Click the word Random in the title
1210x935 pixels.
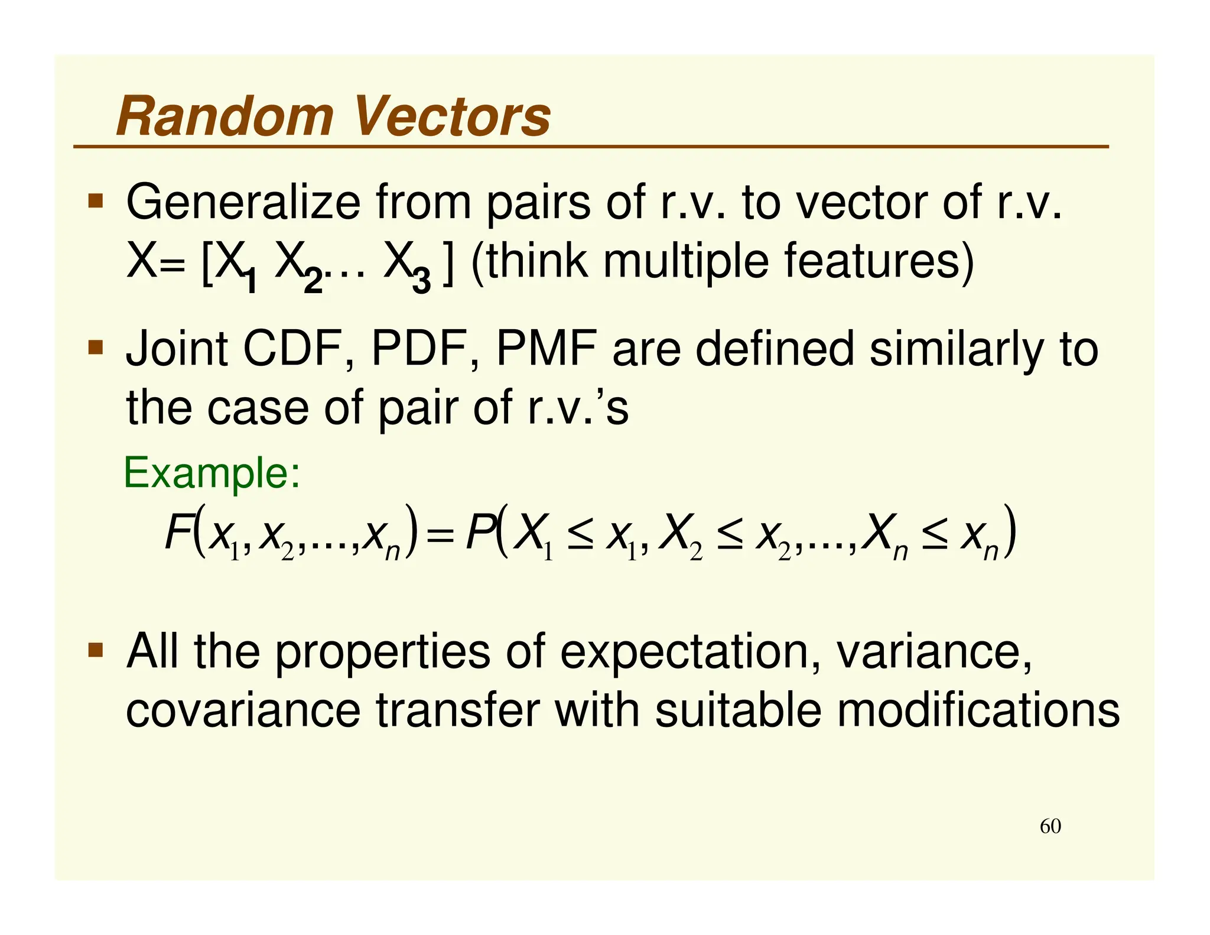click(x=225, y=116)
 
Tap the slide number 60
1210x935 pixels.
click(x=1050, y=826)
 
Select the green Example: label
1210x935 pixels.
click(x=212, y=473)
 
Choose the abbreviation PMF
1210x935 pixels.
click(x=547, y=349)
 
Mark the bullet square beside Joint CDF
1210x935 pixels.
click(x=95, y=346)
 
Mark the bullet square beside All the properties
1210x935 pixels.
click(x=95, y=650)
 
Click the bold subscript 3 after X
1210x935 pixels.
click(x=421, y=280)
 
